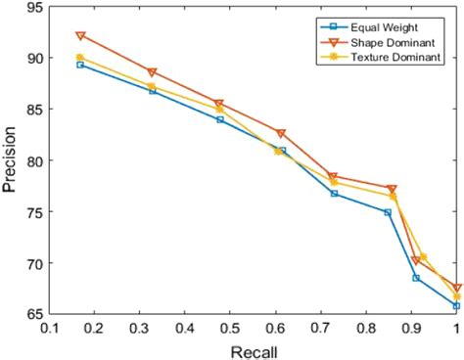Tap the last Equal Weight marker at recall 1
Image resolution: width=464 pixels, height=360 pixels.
(456, 306)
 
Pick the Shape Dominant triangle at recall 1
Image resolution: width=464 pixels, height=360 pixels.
(456, 289)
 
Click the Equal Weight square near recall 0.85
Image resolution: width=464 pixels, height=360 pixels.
(389, 212)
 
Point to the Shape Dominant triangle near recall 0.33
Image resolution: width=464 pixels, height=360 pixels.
(152, 72)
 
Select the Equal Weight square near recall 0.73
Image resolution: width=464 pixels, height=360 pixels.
(334, 194)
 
